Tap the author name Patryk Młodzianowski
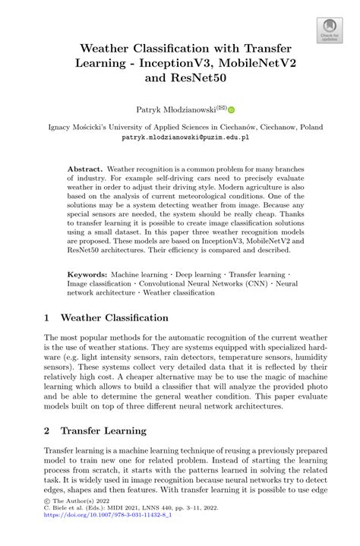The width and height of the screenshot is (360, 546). point(172,109)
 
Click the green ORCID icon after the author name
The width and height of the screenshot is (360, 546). point(232,109)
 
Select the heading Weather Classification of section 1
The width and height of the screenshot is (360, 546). point(115,317)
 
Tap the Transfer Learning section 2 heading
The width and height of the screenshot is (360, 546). point(103,431)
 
